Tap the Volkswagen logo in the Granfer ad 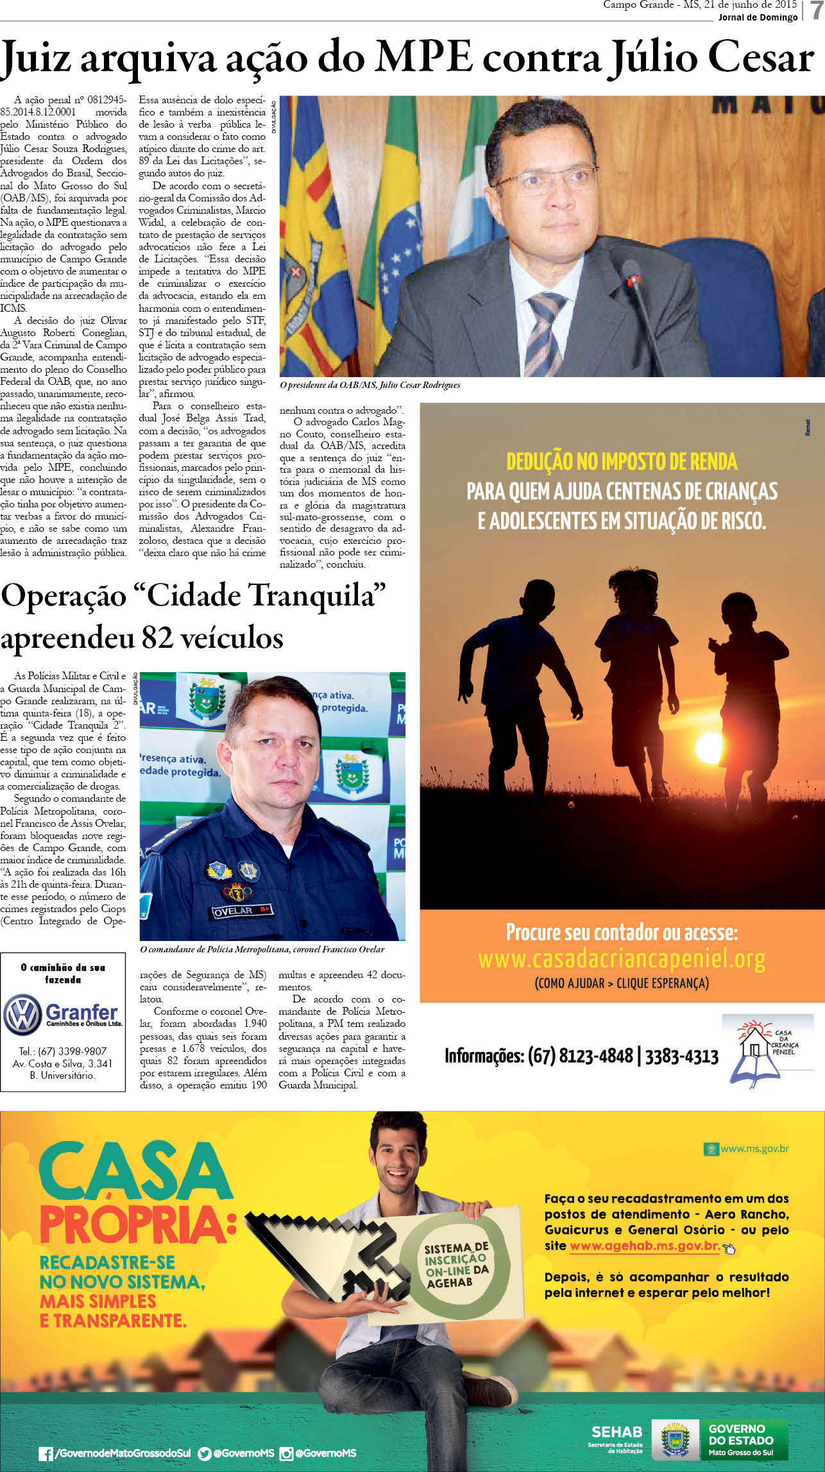(22, 1015)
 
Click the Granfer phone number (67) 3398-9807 (63, 1051)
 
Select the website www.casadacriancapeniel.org (621, 960)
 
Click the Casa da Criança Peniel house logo (767, 1051)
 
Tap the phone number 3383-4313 (681, 1056)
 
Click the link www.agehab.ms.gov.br (644, 1246)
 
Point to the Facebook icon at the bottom (46, 1453)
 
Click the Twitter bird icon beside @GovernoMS (205, 1453)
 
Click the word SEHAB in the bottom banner (616, 1432)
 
